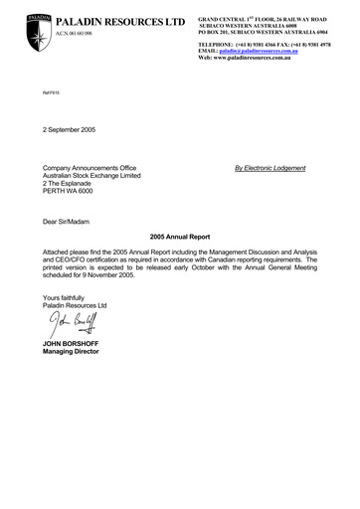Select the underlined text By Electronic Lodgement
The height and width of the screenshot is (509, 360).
point(270,168)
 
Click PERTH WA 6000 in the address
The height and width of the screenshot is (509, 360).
point(73,191)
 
